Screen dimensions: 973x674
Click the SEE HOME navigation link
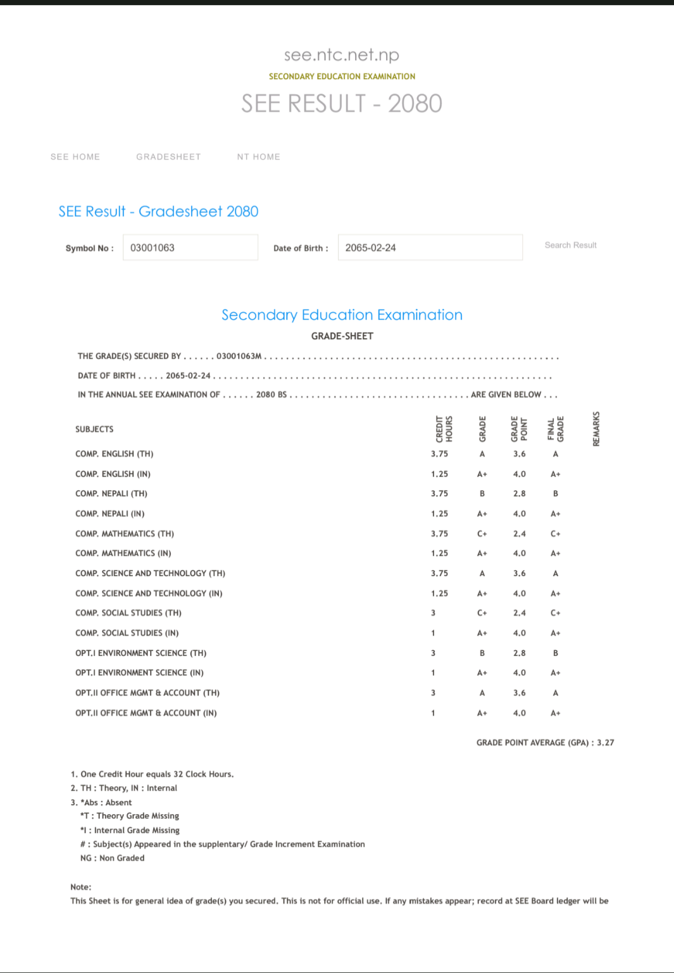75,157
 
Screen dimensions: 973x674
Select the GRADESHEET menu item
168,157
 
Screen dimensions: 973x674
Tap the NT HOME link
258,157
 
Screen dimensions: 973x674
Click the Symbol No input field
190,248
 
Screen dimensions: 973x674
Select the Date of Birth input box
430,248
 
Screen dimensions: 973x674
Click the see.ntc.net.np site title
342,55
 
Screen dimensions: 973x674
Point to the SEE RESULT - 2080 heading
342,104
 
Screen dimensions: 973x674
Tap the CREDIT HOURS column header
444,429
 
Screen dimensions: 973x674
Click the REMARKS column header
596,429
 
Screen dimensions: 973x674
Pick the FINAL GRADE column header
556,429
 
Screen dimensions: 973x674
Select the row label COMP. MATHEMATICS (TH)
125,534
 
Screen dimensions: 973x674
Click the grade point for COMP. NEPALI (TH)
520,494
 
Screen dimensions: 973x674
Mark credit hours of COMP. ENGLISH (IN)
439,474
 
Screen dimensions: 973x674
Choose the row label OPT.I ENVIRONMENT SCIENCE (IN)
139,673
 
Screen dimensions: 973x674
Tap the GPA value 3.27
606,743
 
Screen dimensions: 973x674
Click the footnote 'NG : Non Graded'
113,858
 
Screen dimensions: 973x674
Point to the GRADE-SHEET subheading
342,336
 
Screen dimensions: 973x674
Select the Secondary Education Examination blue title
342,315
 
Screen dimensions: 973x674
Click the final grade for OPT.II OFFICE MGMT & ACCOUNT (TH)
556,693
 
